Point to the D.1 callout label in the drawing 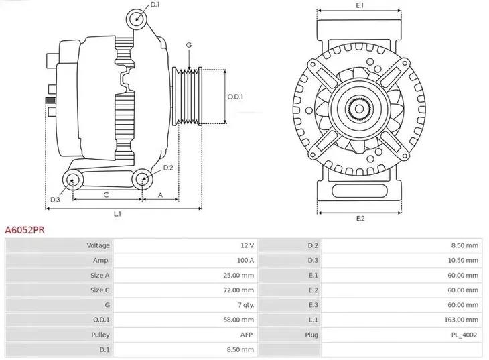point(155,5)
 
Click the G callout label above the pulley point(189,45)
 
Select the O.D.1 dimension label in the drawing point(234,96)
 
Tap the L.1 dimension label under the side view point(118,214)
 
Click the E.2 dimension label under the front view point(360,219)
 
